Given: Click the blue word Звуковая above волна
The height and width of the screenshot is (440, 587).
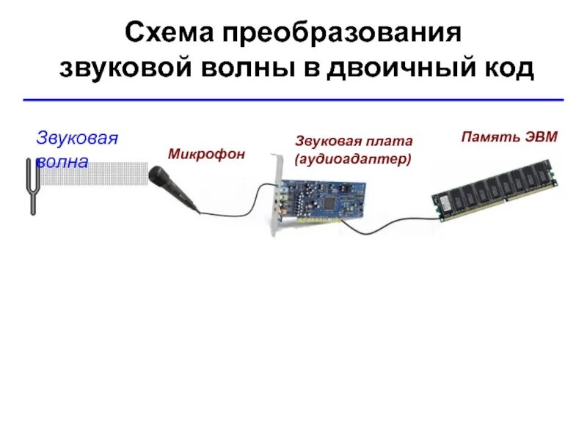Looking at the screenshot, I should point(77,139).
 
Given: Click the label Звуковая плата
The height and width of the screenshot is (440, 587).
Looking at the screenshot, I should point(354,141).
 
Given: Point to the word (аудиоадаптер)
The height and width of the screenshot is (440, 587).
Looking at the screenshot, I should point(353,158).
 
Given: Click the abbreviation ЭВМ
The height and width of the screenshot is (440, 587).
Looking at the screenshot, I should point(542,136).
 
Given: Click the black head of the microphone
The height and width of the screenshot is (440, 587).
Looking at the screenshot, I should point(158,176).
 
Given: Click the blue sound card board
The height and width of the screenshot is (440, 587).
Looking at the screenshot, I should point(323,198).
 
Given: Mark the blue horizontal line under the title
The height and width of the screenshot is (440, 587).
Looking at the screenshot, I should point(293,99).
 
